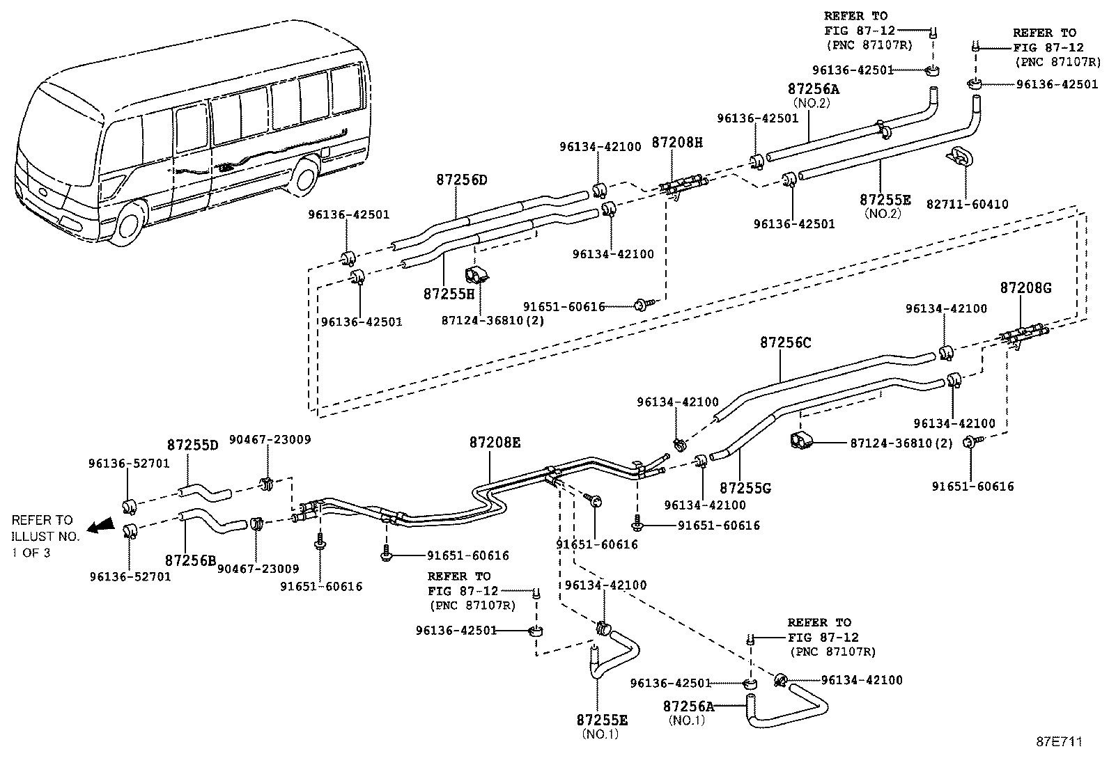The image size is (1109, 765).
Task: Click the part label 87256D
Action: click(461, 180)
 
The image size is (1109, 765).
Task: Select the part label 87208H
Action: click(677, 143)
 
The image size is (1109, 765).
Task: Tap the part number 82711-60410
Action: click(967, 204)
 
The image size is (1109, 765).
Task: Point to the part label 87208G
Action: click(1025, 287)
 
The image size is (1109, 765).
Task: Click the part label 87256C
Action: click(786, 342)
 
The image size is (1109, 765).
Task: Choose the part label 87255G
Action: click(745, 489)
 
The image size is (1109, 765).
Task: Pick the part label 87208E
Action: click(495, 442)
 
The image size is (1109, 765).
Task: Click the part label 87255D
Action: click(192, 445)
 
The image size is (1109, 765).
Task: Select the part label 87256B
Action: click(191, 560)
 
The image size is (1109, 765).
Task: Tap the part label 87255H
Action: click(449, 294)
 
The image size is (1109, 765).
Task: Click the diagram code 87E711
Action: click(1059, 742)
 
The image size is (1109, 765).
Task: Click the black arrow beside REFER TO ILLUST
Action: click(100, 526)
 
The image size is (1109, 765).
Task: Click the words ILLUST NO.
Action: click(45, 537)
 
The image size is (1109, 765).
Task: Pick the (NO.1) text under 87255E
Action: click(600, 734)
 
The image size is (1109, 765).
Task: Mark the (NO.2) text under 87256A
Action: click(812, 104)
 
